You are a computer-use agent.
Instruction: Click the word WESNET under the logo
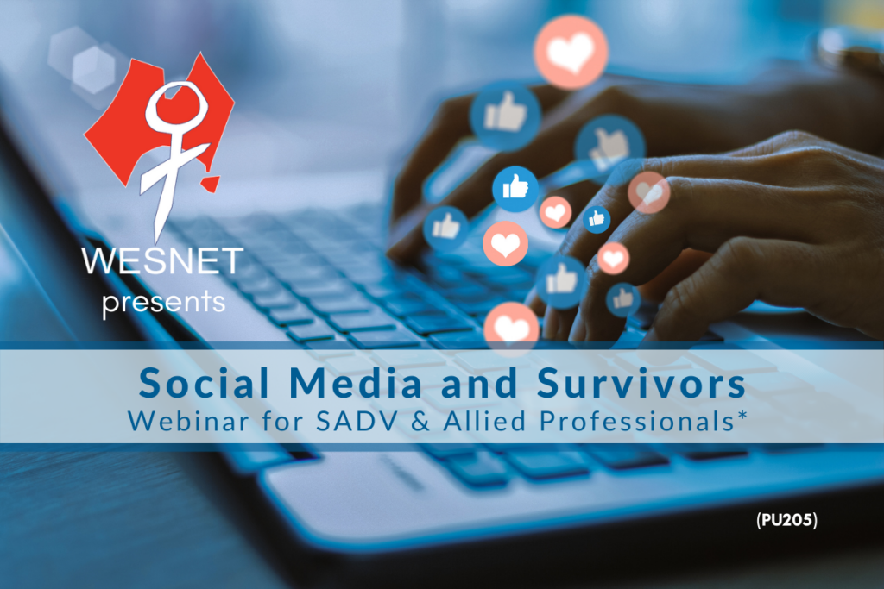tap(162, 260)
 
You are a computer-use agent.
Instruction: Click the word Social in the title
tap(204, 382)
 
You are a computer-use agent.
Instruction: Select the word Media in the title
tap(356, 382)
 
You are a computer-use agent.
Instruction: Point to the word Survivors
tap(641, 382)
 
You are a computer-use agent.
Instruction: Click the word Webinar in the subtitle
tap(188, 421)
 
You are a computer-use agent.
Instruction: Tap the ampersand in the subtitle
tap(420, 421)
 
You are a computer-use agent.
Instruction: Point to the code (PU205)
tap(786, 520)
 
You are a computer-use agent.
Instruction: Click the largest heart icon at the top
tap(571, 52)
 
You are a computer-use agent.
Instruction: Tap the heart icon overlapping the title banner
tap(511, 329)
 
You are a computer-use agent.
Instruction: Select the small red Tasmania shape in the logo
tap(211, 184)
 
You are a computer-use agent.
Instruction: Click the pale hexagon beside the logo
tap(93, 70)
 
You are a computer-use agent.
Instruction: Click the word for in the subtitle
tap(283, 421)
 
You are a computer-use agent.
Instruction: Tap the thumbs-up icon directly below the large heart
tap(505, 116)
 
